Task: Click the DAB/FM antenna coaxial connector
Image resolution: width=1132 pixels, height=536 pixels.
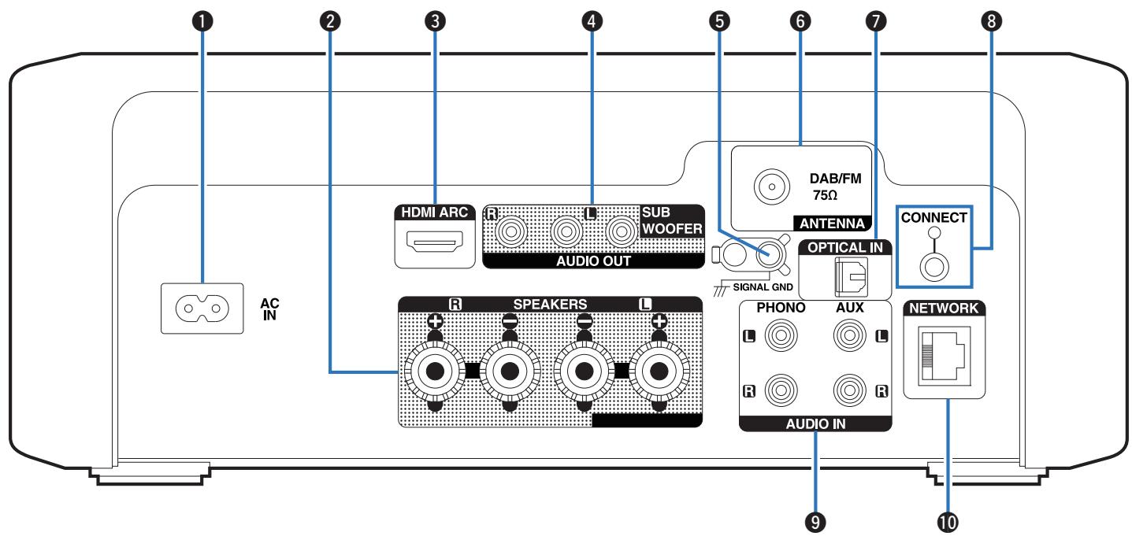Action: click(x=772, y=187)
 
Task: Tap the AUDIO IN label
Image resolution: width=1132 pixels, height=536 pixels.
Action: click(x=816, y=423)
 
